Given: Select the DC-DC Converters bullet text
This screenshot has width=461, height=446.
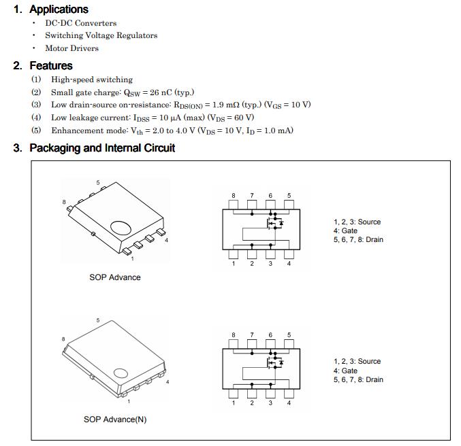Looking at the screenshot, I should (x=80, y=22).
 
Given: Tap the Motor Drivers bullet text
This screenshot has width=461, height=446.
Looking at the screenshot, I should (x=71, y=48).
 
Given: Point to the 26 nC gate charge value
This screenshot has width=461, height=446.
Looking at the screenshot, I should (x=163, y=92).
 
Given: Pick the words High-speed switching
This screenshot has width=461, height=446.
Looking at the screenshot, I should (x=91, y=80).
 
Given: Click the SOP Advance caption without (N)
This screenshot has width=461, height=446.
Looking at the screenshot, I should (x=114, y=277).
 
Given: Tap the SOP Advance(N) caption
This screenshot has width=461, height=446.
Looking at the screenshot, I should (x=114, y=419).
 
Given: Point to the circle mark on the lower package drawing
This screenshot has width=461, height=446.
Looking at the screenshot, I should (x=121, y=373).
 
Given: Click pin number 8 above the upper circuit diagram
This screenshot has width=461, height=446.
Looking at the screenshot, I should (x=233, y=196).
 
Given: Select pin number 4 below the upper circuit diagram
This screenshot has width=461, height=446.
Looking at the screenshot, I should (x=289, y=264).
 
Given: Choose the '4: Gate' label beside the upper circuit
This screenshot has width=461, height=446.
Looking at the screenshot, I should (x=345, y=231).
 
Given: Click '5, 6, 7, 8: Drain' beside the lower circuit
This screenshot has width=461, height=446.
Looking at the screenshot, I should (x=358, y=379).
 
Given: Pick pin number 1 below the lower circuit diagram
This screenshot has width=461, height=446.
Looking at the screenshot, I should (x=233, y=402).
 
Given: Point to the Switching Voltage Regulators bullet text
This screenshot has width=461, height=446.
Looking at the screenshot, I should (x=101, y=35).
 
